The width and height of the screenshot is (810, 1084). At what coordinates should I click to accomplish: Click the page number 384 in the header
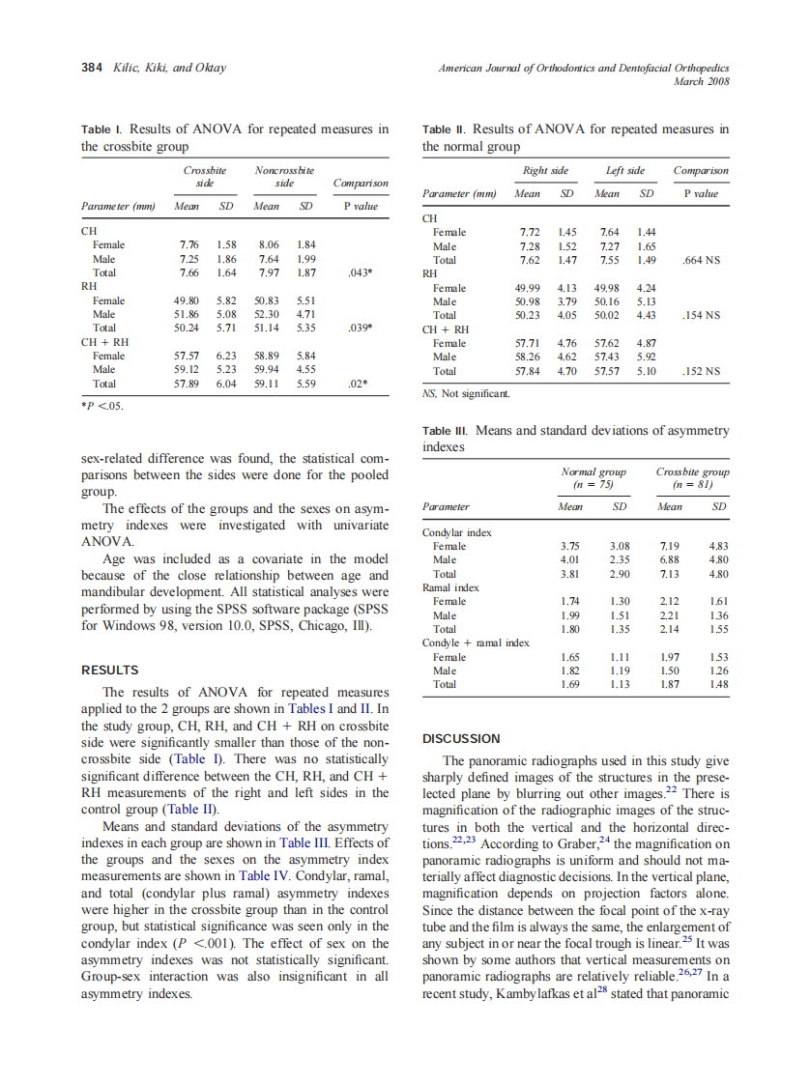tap(93, 69)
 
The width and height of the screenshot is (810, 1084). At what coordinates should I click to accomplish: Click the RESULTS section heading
tap(109, 670)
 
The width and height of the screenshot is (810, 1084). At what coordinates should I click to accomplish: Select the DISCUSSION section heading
tap(461, 738)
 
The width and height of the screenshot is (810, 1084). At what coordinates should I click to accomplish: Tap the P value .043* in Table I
tap(360, 272)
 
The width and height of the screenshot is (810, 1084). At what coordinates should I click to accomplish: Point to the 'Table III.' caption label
tap(446, 431)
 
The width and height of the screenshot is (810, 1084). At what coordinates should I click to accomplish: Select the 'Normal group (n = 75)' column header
tap(593, 478)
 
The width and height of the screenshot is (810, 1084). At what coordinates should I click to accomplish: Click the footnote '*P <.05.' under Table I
tap(101, 405)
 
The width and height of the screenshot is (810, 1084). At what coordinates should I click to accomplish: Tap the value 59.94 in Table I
tap(266, 369)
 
